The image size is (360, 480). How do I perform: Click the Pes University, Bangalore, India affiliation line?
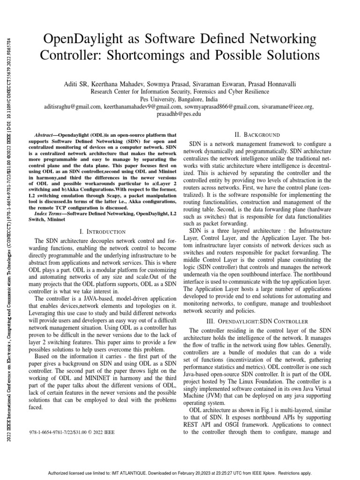click(x=180, y=99)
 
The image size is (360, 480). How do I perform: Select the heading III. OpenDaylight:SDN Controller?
click(x=257, y=321)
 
